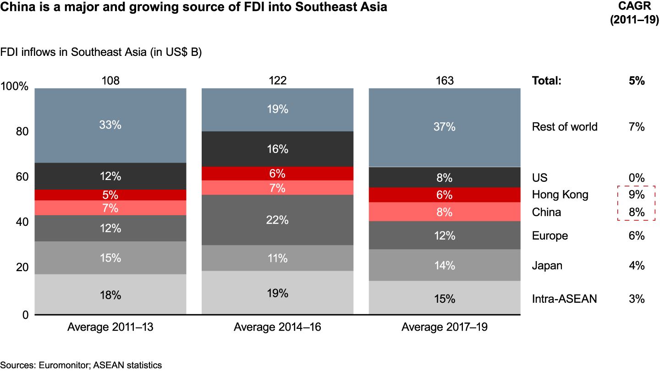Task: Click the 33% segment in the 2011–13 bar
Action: coord(110,125)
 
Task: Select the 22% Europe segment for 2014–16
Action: coord(278,220)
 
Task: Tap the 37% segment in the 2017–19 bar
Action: coord(445,127)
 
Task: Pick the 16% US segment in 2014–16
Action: coord(278,149)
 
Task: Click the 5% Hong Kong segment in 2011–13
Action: coord(110,195)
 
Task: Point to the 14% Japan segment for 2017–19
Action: coord(445,265)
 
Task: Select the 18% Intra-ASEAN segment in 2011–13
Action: coord(110,295)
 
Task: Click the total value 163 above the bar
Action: coord(445,81)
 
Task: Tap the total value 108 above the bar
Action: coord(110,81)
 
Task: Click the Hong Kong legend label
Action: coord(560,195)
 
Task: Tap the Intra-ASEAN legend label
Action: coord(565,299)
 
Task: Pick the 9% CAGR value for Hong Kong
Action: coord(637,195)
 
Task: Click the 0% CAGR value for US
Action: coord(637,178)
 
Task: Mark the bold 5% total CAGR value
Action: coord(637,81)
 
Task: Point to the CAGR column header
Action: coord(634,14)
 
